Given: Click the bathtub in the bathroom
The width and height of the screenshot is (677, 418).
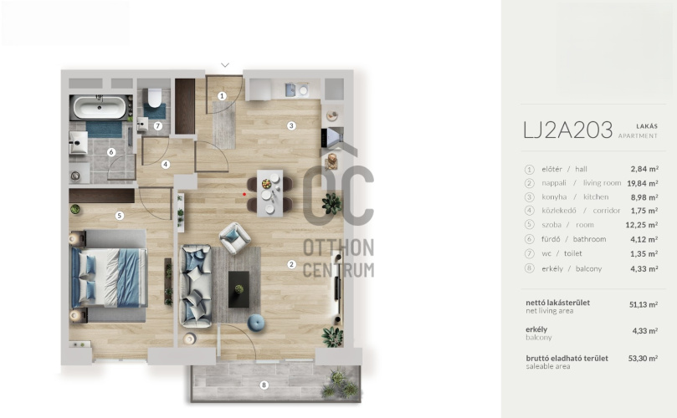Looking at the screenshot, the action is coord(100,107).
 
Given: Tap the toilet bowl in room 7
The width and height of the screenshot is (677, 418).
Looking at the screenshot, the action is coord(155,98).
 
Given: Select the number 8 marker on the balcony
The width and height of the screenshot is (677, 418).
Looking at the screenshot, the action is coord(264,385).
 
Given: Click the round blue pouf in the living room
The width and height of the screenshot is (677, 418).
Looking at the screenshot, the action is coord(256,323).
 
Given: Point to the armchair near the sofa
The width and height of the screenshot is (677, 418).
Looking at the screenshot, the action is coord(234,237).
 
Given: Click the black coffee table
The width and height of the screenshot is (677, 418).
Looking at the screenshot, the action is coord(238,289).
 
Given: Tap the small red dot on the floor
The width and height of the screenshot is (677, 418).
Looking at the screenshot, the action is coord(244,194).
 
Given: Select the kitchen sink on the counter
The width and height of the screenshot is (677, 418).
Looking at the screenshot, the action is coord(290,90).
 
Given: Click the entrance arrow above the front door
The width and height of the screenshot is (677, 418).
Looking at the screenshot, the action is coord(225,65).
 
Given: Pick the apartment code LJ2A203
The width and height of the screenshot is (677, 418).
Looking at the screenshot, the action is coord(567,130).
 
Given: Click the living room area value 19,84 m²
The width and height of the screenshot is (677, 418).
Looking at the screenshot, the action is coord(643,183).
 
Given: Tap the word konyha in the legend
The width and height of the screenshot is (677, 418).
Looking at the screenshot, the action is coord(554,197).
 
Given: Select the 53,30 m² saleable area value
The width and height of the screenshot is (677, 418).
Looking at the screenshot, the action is coord(643,359).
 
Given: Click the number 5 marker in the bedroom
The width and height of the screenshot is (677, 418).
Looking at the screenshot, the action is coord(120,215).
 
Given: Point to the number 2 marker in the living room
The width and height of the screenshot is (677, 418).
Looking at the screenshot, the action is coord(291,264).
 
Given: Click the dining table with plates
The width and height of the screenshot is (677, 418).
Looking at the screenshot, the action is coord(269,193).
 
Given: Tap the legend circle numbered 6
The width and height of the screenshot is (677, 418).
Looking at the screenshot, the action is coord(530,239).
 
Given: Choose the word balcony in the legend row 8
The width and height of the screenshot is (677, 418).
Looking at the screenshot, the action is coord(588,268).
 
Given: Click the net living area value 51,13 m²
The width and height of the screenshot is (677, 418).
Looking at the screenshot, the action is coord(644,304).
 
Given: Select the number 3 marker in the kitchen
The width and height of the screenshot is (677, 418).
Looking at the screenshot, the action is coord(291,125).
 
